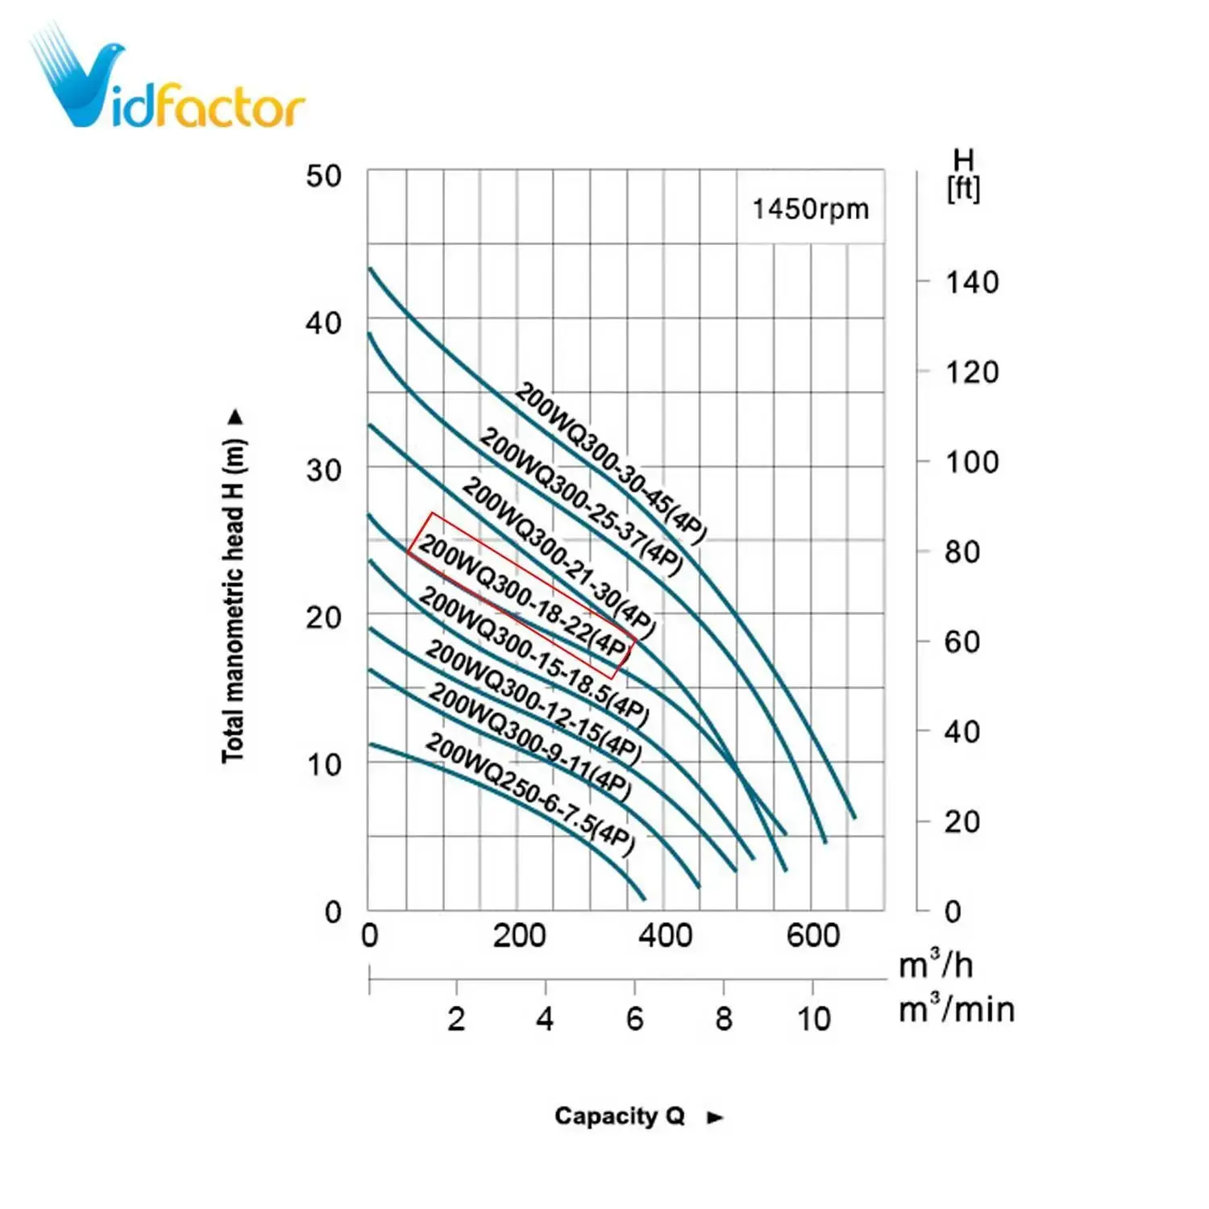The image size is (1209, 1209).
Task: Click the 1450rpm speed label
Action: click(810, 210)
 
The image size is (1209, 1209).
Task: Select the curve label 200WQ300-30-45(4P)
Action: click(610, 463)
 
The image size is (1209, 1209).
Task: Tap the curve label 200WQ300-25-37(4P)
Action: click(580, 503)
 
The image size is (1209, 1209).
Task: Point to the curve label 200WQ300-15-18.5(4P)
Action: click(534, 656)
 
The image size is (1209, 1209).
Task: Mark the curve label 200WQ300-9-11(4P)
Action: click(529, 742)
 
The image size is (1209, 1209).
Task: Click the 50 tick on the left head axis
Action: click(323, 177)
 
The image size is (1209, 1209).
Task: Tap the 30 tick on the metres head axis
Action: click(323, 470)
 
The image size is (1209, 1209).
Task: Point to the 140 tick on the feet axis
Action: click(971, 283)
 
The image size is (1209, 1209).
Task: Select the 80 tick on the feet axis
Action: click(962, 553)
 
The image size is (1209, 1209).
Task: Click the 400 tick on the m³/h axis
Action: click(665, 936)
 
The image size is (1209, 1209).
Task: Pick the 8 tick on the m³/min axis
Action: click(724, 1019)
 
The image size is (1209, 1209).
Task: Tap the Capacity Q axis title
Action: click(619, 1116)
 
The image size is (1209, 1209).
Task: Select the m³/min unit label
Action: click(956, 1009)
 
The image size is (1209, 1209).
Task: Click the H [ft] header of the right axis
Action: click(963, 176)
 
